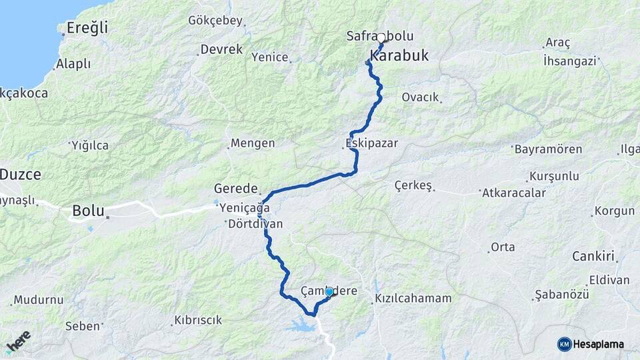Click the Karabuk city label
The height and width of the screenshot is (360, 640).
coord(399,55)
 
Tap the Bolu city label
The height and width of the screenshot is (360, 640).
coord(88,211)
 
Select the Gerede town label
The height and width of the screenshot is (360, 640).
coord(236,189)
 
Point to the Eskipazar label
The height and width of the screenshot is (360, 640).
coord(363,143)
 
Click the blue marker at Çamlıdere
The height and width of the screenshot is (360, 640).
coord(329,292)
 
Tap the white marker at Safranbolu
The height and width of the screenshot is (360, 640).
coord(381,37)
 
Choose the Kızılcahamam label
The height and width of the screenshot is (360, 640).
coord(413,299)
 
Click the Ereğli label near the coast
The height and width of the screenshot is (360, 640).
coord(87,28)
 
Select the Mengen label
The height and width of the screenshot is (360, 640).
coord(252,143)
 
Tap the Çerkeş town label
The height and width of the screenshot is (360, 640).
coord(413,185)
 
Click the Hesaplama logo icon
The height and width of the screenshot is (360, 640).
coord(565,344)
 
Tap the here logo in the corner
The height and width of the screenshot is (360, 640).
coord(18,341)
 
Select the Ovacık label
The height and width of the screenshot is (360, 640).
coord(420,97)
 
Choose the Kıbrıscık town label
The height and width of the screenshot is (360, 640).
coord(198,320)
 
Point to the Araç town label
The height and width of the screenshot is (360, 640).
coord(557,43)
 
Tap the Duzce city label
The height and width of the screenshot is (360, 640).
coord(21,175)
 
